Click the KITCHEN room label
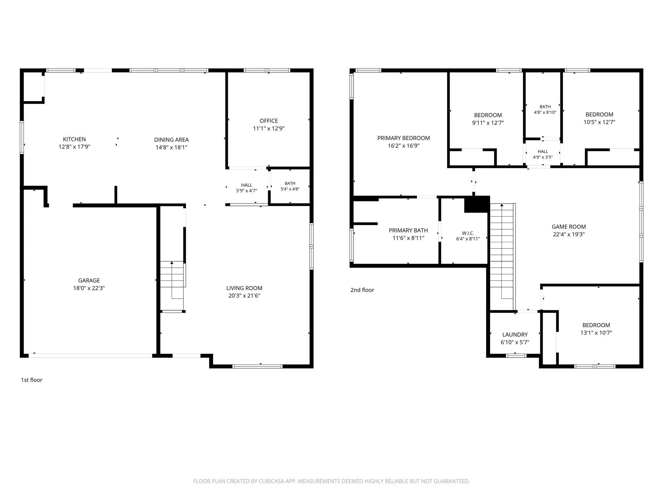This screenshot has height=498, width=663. click(74, 139)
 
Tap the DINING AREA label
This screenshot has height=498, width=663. click(171, 140)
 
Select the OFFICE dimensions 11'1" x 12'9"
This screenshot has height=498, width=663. click(269, 128)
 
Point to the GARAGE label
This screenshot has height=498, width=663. click(89, 280)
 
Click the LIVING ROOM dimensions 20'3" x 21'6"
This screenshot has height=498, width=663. click(244, 296)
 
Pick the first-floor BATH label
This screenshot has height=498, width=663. click(290, 184)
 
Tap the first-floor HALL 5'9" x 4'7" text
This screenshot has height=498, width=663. click(247, 188)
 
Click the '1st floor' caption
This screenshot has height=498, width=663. click(32, 380)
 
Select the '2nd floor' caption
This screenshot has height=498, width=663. click(362, 290)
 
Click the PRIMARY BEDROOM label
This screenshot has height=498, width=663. click(404, 138)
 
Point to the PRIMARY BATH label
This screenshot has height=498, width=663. click(408, 231)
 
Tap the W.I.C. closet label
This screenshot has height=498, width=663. click(468, 233)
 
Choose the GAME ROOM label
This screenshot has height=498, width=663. click(569, 227)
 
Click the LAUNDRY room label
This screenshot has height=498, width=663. click(515, 335)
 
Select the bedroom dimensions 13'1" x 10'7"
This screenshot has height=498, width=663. click(596, 333)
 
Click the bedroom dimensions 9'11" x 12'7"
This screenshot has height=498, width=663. click(488, 123)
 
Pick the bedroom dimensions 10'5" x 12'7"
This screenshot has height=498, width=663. click(600, 122)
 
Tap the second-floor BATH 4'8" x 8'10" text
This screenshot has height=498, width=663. click(545, 110)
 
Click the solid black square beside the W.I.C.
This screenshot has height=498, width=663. click(477, 204)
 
